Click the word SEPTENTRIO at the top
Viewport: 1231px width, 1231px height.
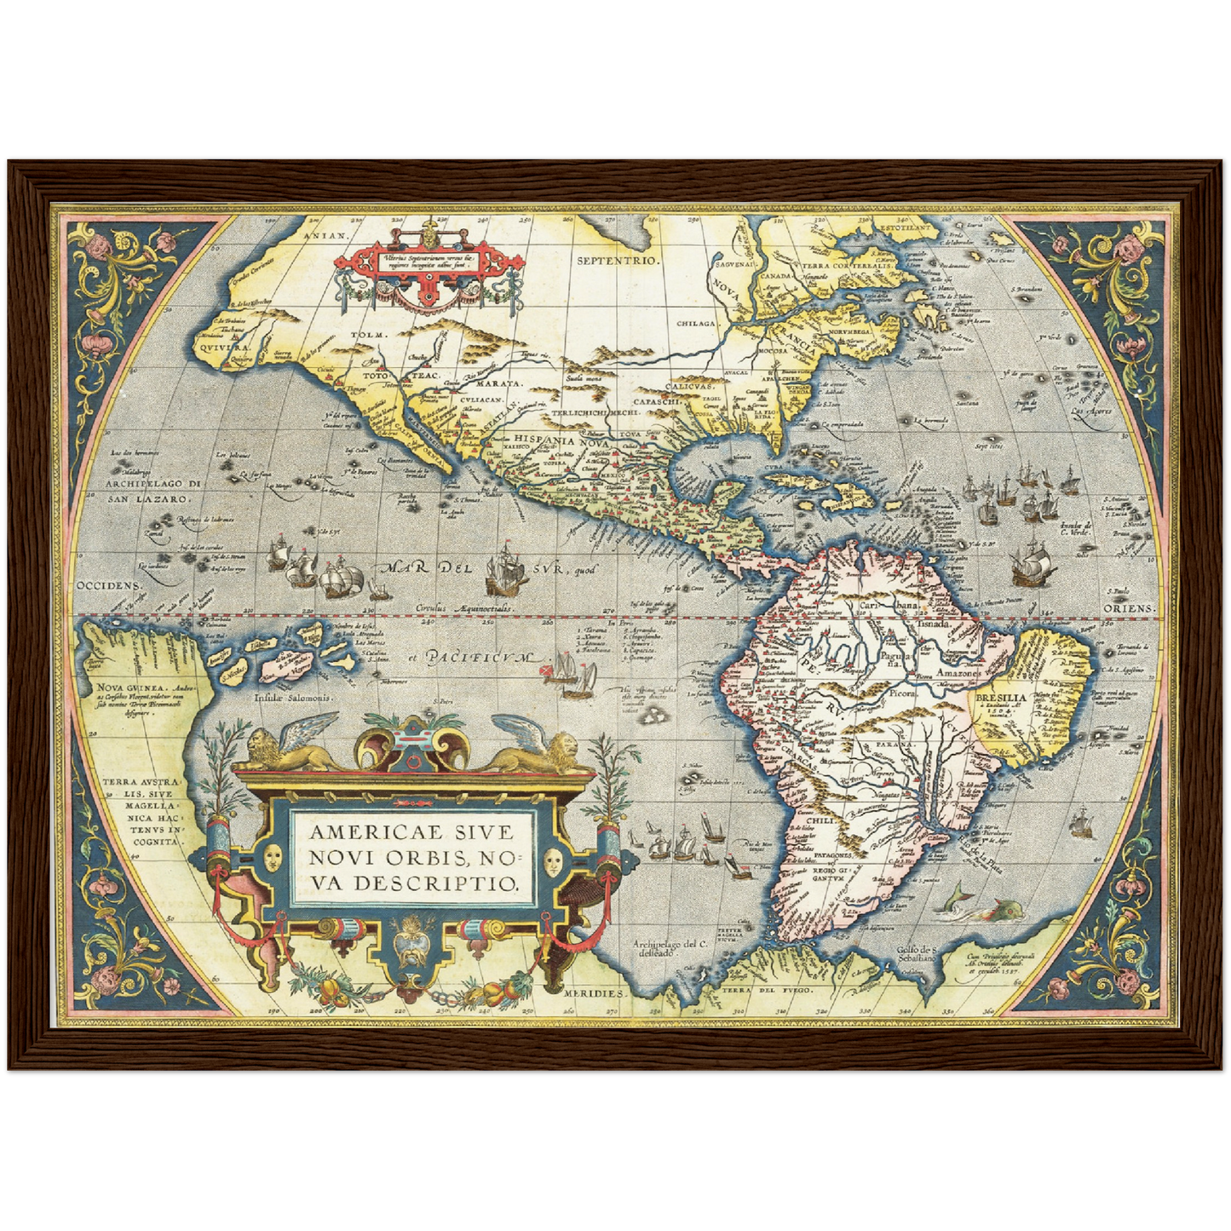(x=618, y=261)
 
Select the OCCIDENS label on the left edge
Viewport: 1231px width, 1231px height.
(x=106, y=586)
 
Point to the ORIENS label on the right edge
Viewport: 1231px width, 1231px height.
(x=1130, y=608)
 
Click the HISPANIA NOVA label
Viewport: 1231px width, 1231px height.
(x=560, y=440)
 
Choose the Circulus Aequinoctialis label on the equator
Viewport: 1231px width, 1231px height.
(x=464, y=611)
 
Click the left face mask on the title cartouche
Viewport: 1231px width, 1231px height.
(x=273, y=858)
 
